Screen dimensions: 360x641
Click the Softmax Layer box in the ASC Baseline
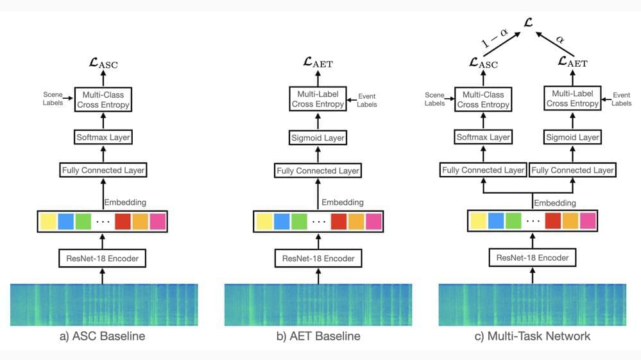pyautogui.click(x=103, y=138)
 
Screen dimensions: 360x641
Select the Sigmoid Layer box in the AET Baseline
pyautogui.click(x=318, y=138)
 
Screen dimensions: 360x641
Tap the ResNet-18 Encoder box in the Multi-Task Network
pyautogui.click(x=532, y=257)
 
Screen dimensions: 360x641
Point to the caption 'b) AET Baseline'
pyautogui.click(x=318, y=336)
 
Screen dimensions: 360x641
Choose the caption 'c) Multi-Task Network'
pyautogui.click(x=532, y=336)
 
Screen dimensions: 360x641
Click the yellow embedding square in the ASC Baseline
pyautogui.click(x=49, y=221)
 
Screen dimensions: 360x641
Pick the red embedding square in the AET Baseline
pyautogui.click(x=339, y=221)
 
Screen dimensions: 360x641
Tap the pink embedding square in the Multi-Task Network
pyautogui.click(x=588, y=221)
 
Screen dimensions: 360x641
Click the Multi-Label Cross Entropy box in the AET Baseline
pyautogui.click(x=318, y=98)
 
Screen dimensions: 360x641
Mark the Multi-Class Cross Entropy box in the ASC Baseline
pyautogui.click(x=103, y=99)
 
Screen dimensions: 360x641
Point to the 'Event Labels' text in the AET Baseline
pyautogui.click(x=366, y=99)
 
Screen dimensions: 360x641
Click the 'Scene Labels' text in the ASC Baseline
pyautogui.click(x=53, y=98)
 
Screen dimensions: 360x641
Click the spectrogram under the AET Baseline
pyautogui.click(x=318, y=305)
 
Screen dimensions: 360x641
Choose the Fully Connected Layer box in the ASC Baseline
pyautogui.click(x=103, y=171)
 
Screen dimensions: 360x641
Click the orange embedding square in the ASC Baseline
pyautogui.click(x=141, y=221)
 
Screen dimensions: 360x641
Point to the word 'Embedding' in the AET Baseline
pyautogui.click(x=343, y=202)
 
